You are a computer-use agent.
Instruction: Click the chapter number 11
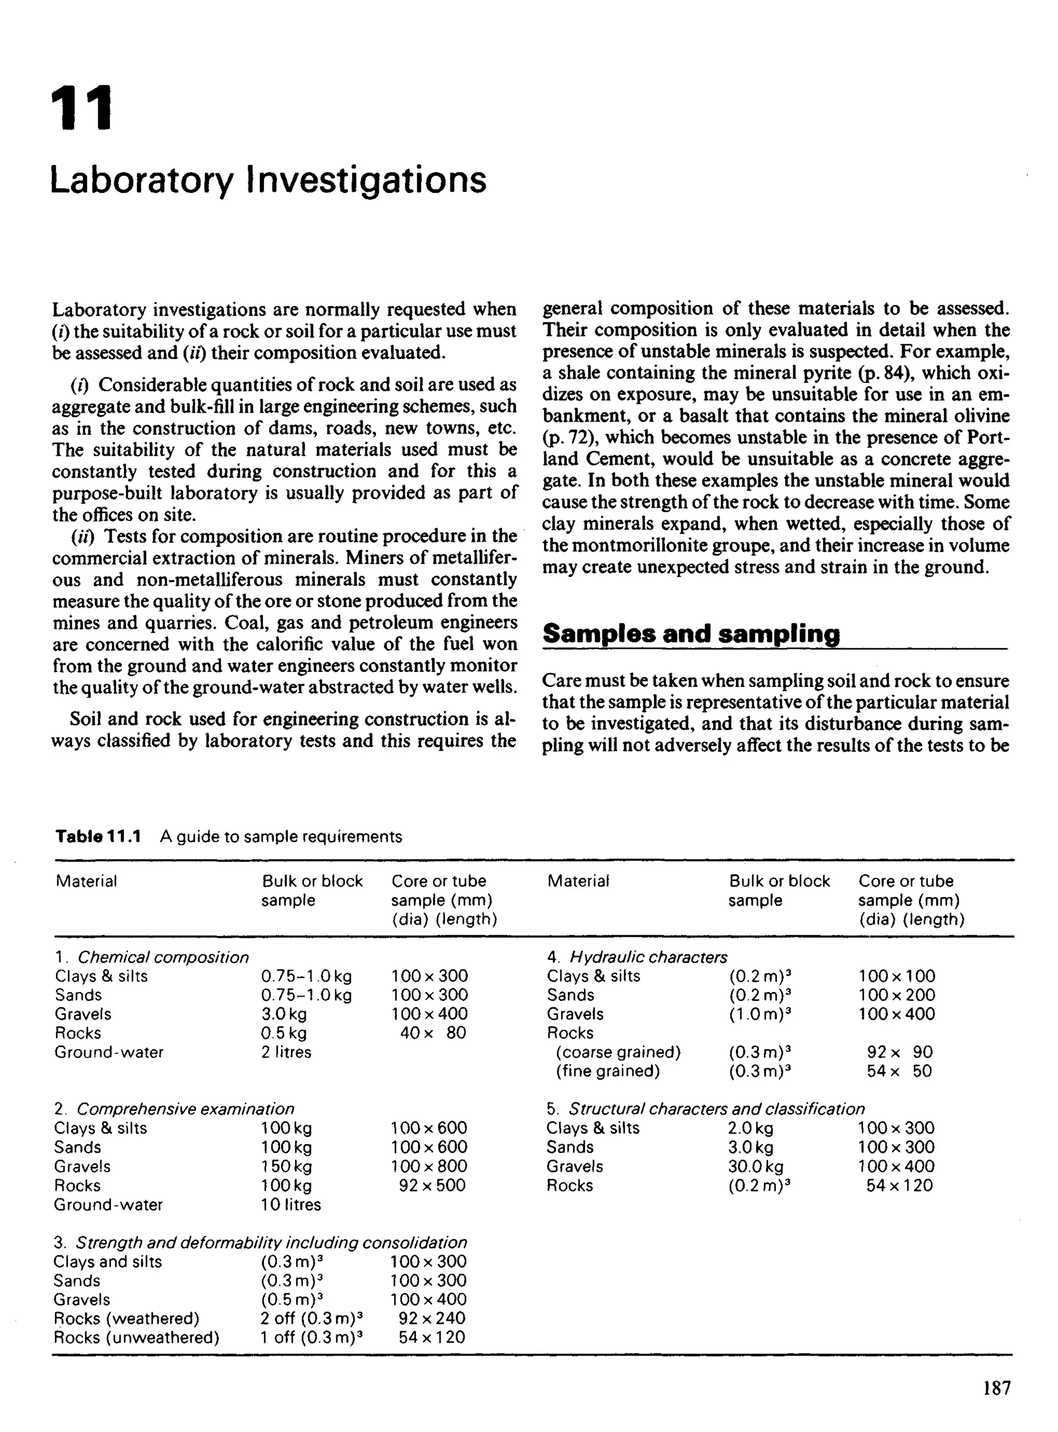81,109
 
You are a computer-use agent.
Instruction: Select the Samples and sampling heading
691,634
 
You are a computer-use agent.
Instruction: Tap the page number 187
997,1388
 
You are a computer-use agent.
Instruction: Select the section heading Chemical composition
163,957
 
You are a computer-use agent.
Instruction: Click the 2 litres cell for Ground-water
286,1052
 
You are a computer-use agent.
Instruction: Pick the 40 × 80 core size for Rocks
433,1033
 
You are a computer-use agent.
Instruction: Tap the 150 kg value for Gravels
286,1166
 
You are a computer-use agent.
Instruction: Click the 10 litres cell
291,1205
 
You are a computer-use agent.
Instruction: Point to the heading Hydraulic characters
648,957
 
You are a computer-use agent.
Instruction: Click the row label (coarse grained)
618,1052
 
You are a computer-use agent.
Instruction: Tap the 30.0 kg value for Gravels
755,1166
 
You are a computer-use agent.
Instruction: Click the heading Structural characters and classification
716,1109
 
